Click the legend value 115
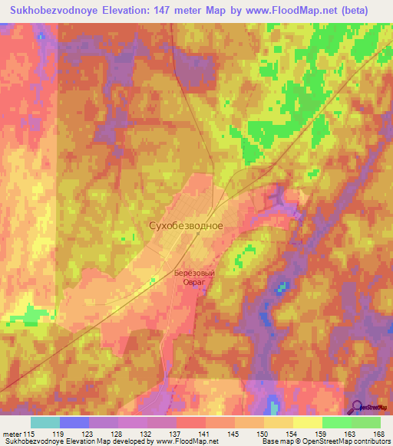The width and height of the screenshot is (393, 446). pyautogui.click(x=30, y=434)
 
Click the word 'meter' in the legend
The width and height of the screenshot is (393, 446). pyautogui.click(x=12, y=434)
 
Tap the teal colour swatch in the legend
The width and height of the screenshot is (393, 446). pyautogui.click(x=45, y=423)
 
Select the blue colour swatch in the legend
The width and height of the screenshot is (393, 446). pyautogui.click(x=74, y=423)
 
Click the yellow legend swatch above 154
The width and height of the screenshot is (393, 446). pyautogui.click(x=279, y=423)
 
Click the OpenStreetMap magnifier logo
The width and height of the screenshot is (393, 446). pyautogui.click(x=358, y=406)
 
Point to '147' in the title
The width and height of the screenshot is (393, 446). pyautogui.click(x=166, y=11)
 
